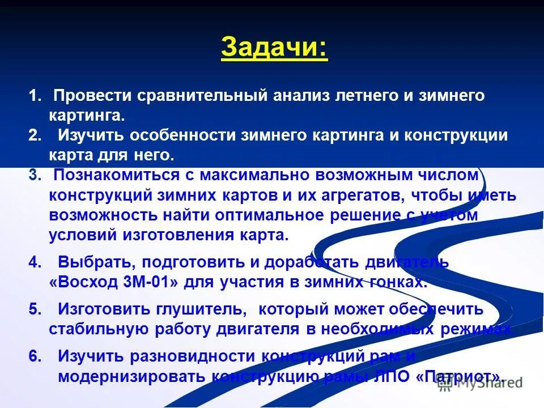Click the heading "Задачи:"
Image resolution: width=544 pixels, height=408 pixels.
(x=274, y=48)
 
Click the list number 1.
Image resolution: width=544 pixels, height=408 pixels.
(x=35, y=95)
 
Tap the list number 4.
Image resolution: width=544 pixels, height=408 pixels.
(x=35, y=262)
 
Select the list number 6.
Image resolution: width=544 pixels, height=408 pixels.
(x=35, y=356)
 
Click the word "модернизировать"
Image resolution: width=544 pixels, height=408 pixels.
(x=131, y=377)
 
